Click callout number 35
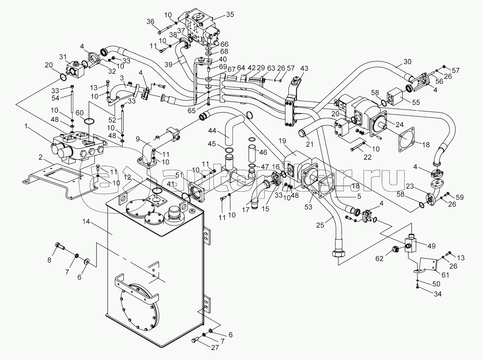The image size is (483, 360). coord(230,15)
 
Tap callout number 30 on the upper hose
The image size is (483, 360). coord(407,62)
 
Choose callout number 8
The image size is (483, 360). coord(50,260)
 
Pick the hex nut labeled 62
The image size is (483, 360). coord(395,250)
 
